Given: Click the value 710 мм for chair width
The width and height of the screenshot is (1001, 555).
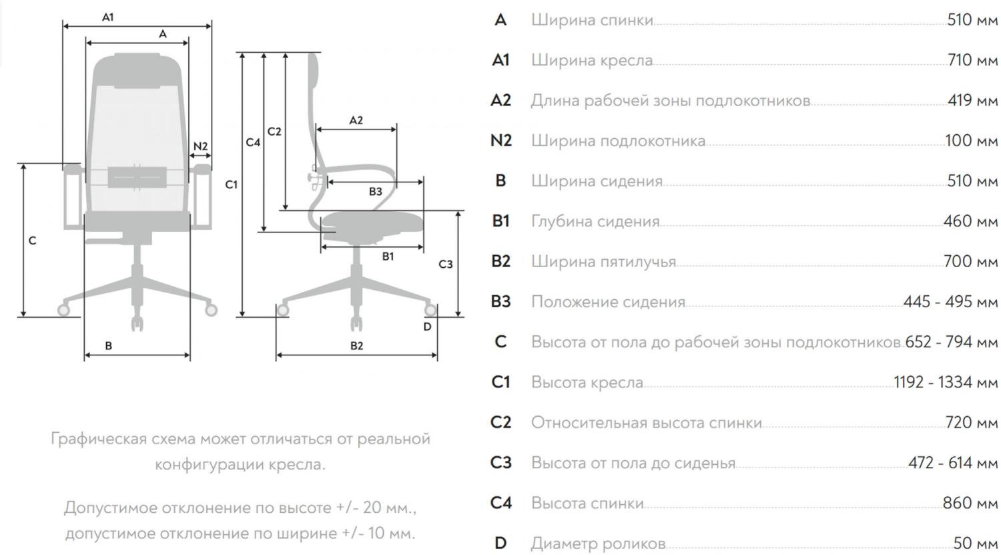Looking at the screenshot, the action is (x=972, y=60).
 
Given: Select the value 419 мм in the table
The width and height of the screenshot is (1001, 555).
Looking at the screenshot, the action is (x=972, y=100).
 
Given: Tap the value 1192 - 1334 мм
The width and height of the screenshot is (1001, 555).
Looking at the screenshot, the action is (x=946, y=383).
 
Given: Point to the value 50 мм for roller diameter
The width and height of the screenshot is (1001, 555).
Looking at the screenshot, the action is (x=976, y=544).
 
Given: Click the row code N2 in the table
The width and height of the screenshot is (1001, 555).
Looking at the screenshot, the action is (x=501, y=140).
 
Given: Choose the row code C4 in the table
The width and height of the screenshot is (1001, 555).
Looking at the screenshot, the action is (x=501, y=503).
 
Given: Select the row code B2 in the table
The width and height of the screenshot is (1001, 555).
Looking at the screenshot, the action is (x=501, y=261).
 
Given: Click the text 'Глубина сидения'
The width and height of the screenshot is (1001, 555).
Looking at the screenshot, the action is (x=595, y=221).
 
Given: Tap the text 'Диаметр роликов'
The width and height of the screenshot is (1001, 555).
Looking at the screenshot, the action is (x=599, y=544).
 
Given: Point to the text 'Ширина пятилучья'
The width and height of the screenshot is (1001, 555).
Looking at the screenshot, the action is (x=604, y=262).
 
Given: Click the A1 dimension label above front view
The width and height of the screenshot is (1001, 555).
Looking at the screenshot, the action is (x=107, y=17).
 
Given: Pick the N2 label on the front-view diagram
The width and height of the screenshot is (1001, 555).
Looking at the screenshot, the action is (x=201, y=146).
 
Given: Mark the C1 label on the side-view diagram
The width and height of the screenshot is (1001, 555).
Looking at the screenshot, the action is (x=231, y=184).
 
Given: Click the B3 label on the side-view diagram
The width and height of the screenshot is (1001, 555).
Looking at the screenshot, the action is (x=375, y=192).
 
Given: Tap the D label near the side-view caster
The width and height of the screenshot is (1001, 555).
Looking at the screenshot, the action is (x=427, y=327).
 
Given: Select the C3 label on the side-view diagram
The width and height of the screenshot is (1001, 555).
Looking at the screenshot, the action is (x=446, y=264).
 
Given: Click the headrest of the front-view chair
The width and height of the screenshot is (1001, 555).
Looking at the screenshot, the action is (x=137, y=71).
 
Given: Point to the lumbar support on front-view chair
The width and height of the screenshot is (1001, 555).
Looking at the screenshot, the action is (x=137, y=177).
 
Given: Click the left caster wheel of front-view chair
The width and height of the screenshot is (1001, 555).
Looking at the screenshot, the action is (x=63, y=309).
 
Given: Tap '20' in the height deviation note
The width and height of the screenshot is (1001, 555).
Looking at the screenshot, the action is (x=372, y=508).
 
